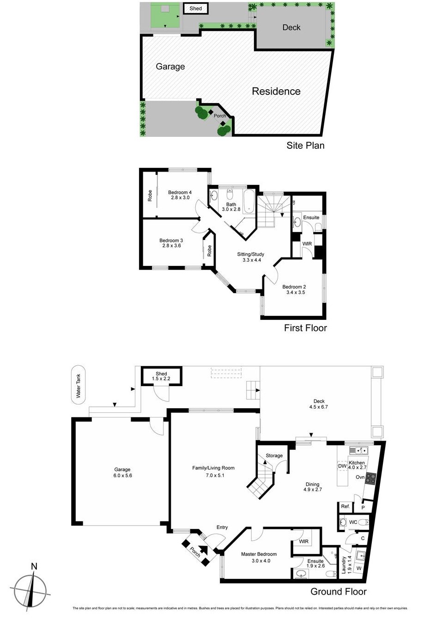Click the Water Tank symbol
(x=79, y=385)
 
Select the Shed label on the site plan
(x=196, y=8)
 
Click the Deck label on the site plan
(x=291, y=27)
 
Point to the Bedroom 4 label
(x=180, y=192)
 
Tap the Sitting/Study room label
(x=251, y=254)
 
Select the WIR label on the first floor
(x=307, y=244)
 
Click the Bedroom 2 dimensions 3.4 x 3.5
(x=296, y=292)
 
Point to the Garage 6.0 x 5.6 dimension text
(x=122, y=475)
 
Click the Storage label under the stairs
(x=274, y=455)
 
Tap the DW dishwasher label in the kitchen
(x=342, y=466)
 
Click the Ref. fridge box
(x=345, y=507)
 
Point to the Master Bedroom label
(x=259, y=554)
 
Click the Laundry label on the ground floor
(x=344, y=565)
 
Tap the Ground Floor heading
(x=338, y=591)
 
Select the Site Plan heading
(x=305, y=145)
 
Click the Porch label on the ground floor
(x=195, y=552)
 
